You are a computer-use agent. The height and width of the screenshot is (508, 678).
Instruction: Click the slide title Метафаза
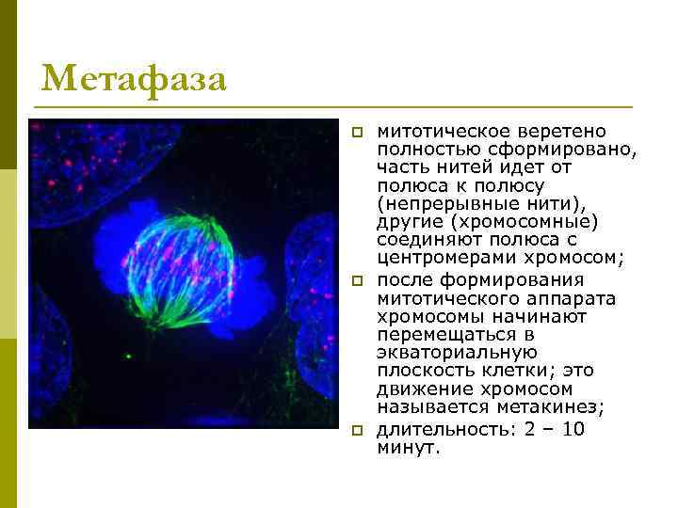click(134, 78)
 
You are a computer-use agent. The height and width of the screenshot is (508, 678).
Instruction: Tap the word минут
click(407, 448)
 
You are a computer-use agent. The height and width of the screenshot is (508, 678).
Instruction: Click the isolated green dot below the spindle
click(127, 357)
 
